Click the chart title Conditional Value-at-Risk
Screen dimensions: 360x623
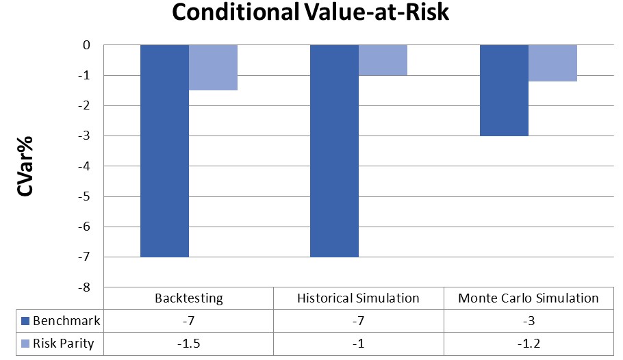[310, 12]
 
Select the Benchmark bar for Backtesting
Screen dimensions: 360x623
[164, 151]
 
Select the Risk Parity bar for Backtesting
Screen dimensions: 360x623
[213, 68]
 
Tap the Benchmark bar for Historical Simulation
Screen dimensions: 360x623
[334, 151]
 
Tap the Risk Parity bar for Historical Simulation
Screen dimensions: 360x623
[383, 60]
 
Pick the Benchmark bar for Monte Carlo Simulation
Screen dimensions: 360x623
[504, 90]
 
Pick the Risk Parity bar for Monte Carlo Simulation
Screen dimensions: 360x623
[552, 63]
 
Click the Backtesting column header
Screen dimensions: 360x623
[188, 298]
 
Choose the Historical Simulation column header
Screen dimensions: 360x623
[358, 298]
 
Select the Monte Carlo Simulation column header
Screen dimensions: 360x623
[528, 298]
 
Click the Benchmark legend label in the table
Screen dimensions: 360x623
[67, 321]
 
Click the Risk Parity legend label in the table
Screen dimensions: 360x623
[67, 344]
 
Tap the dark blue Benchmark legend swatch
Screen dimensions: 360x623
[26, 321]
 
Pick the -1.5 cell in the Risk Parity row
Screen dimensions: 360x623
[188, 344]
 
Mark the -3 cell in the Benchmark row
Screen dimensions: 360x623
[528, 321]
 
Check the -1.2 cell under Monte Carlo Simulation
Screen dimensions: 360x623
[528, 344]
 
